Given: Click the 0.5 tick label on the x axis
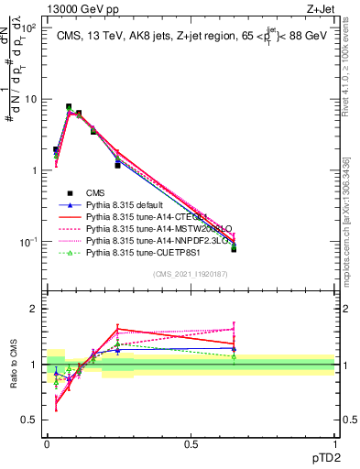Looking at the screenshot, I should tap(191, 444).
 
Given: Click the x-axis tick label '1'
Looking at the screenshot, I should tap(334, 444).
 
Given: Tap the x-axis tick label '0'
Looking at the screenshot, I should tap(47, 444).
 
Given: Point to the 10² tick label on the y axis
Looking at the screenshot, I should tap(29, 28).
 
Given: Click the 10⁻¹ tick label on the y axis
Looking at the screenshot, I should tap(29, 242).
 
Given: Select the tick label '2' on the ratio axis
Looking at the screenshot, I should tap(34, 309).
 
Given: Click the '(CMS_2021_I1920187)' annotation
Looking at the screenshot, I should tap(191, 274).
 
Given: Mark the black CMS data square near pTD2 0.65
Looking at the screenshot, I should tap(234, 248).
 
